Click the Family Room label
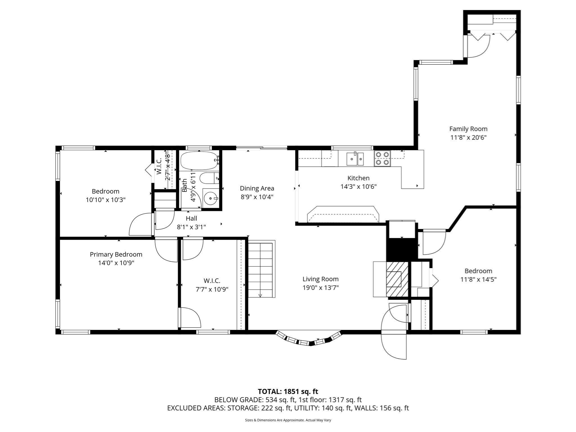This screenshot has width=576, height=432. click(x=468, y=129)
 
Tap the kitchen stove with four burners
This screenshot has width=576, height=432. click(x=382, y=158)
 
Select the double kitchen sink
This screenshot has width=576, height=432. click(x=355, y=159)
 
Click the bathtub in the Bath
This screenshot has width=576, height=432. click(x=199, y=160)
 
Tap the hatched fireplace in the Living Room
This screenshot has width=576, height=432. click(x=397, y=279)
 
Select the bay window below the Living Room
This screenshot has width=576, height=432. click(x=309, y=340)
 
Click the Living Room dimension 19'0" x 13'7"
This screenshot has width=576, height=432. click(x=320, y=288)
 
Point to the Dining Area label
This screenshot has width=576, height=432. click(x=257, y=188)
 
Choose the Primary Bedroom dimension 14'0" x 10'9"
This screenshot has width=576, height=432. click(x=116, y=263)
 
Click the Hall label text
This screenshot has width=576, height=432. click(x=191, y=218)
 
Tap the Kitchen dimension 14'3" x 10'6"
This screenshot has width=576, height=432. click(x=358, y=186)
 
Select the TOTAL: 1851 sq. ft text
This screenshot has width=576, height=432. click(x=288, y=391)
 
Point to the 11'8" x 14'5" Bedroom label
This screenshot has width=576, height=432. click(x=478, y=275)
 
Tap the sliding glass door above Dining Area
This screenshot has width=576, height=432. click(x=262, y=147)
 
